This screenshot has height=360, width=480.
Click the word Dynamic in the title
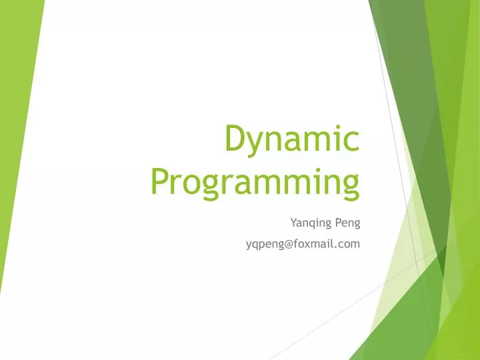pos(292,139)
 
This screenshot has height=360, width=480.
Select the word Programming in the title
pos(255,181)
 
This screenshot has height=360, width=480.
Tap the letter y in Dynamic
pos(254,143)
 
